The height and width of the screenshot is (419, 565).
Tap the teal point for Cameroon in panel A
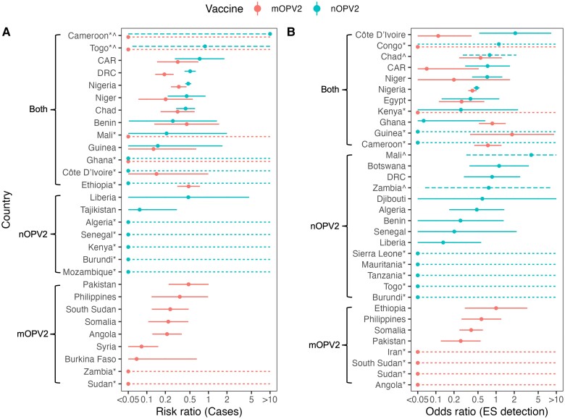tap(270, 34)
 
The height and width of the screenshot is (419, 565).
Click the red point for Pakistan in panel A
tap(188, 284)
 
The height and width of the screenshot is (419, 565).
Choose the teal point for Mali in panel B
tap(532, 155)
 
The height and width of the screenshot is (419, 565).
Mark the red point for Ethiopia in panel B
tap(496, 308)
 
